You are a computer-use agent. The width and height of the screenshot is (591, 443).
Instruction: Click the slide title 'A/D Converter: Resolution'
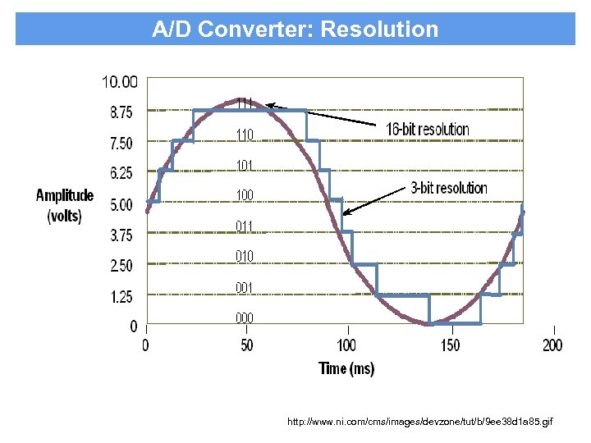pos(295,30)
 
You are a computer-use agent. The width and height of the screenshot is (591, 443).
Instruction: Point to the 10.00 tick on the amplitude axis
pos(120,81)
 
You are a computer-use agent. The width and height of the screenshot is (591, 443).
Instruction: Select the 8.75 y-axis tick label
pos(120,111)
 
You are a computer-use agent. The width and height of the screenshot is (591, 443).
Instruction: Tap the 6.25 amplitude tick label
pos(120,173)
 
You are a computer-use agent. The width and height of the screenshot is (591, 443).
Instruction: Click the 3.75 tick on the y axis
pos(120,235)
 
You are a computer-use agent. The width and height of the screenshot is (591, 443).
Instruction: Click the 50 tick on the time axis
pos(247,345)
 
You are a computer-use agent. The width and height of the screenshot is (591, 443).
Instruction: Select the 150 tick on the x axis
pos(451,345)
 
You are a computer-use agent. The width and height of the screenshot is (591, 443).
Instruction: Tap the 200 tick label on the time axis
pos(552,345)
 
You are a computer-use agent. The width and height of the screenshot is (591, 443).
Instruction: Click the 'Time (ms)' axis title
pos(346,368)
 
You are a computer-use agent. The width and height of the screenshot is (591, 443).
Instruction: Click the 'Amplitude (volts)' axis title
pos(64,206)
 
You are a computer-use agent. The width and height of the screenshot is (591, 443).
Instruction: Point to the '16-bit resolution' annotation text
pos(428,129)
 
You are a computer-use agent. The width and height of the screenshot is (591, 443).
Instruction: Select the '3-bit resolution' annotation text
pos(449,188)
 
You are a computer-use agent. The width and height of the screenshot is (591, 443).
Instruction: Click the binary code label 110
pos(245,135)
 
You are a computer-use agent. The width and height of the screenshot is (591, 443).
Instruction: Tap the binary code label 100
pos(245,195)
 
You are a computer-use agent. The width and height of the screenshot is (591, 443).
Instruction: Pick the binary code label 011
pos(245,226)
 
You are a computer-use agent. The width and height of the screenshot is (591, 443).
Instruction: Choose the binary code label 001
pos(245,287)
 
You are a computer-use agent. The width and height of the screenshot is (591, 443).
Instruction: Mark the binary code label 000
pos(245,318)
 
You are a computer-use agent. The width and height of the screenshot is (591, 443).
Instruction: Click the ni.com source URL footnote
pos(420,422)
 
